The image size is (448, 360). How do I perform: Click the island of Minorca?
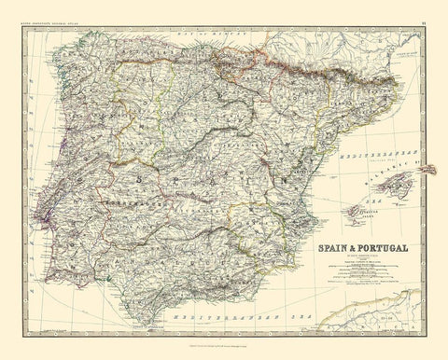(x=431, y=170)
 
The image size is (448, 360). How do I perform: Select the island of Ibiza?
(x=356, y=212)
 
